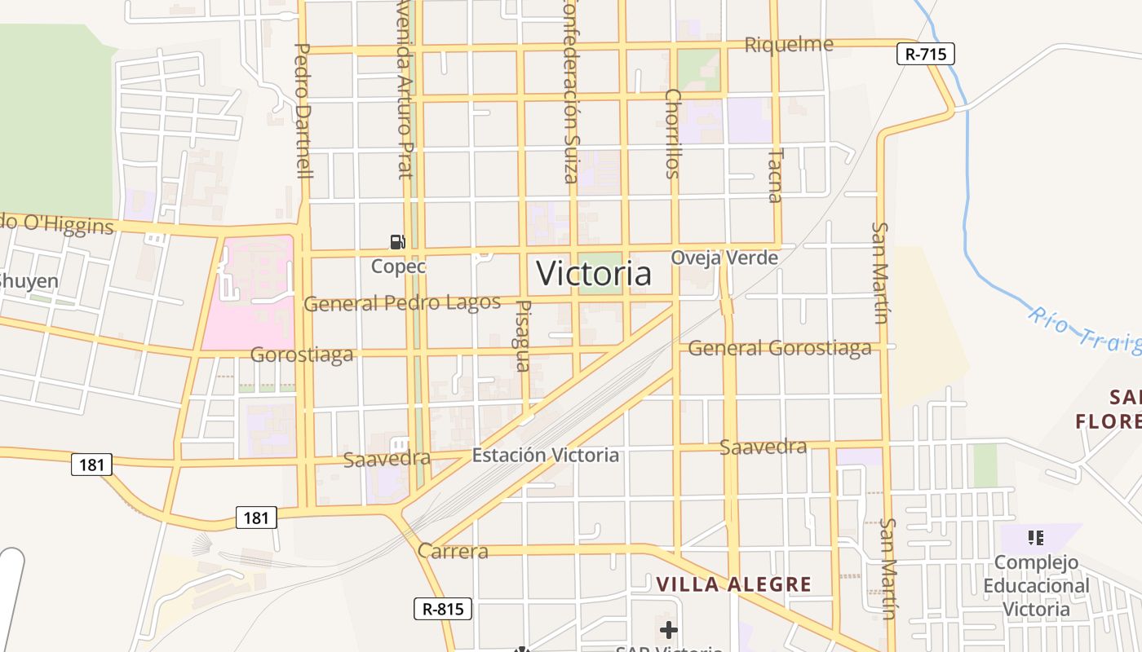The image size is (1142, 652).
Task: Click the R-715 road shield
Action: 925,54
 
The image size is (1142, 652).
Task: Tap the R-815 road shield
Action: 443,608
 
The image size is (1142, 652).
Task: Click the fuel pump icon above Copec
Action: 398,241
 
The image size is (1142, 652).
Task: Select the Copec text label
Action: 399,266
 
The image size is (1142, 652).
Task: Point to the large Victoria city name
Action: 594,274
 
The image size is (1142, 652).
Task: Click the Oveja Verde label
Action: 724,258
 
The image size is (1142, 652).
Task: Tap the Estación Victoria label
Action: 546,455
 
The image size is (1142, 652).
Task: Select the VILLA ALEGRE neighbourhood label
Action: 734,584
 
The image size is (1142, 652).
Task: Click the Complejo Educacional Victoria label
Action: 1036,585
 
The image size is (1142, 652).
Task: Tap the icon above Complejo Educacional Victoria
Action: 1036,537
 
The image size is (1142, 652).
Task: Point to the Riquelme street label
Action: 789,44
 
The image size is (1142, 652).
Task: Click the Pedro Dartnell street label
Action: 302,111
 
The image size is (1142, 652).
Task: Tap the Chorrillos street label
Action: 672,133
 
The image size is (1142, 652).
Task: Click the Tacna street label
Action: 775,174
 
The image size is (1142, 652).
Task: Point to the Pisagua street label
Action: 524,336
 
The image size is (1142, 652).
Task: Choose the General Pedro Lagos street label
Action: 402,303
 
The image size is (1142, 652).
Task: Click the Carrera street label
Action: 453,551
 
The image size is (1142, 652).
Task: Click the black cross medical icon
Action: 669,629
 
